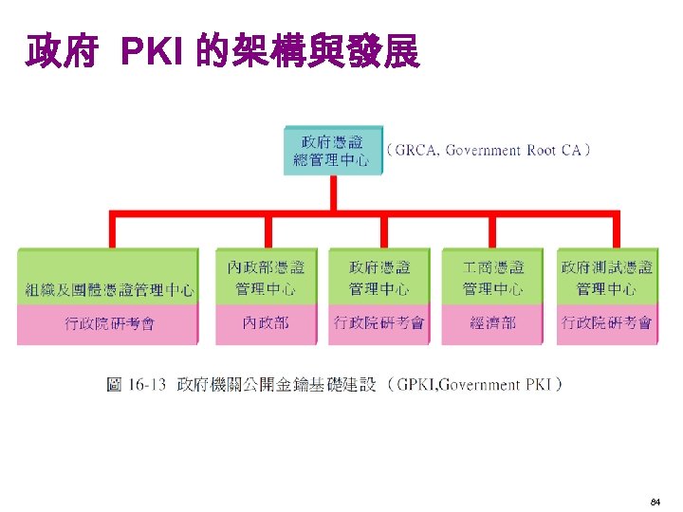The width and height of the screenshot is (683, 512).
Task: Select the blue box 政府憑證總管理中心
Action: (x=332, y=150)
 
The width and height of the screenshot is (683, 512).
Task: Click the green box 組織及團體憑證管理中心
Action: (x=108, y=277)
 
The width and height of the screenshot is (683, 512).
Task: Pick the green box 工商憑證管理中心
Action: (x=493, y=277)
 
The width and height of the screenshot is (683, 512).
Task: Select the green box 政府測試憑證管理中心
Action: (x=606, y=277)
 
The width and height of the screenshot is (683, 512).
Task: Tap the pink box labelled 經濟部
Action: (x=493, y=323)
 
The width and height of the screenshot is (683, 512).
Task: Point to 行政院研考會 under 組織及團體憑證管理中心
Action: (x=108, y=323)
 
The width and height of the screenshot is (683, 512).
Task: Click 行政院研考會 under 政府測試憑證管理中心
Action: (x=606, y=323)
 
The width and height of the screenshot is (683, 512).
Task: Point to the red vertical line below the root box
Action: (x=333, y=193)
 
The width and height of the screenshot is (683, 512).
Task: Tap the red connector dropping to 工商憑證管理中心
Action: (x=493, y=231)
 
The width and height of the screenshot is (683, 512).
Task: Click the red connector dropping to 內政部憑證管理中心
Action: (x=268, y=231)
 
